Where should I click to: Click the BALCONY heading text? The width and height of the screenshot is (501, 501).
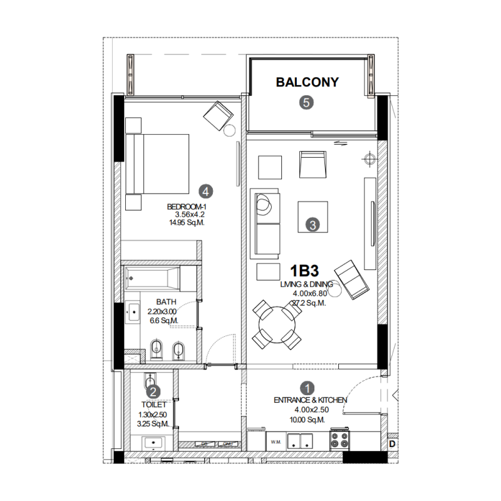(307, 82)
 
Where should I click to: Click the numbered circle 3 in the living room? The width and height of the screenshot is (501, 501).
(312, 224)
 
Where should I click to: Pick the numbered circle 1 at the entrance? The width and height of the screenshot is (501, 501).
(307, 388)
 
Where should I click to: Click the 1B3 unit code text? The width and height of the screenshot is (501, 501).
(304, 271)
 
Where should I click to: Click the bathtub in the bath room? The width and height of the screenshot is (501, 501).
(152, 276)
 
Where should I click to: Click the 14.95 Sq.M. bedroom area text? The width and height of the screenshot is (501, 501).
(187, 222)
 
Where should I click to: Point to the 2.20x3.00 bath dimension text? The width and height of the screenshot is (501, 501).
(162, 311)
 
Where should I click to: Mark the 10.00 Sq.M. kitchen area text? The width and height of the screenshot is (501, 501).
(307, 420)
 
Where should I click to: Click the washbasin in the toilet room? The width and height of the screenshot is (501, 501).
(153, 443)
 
